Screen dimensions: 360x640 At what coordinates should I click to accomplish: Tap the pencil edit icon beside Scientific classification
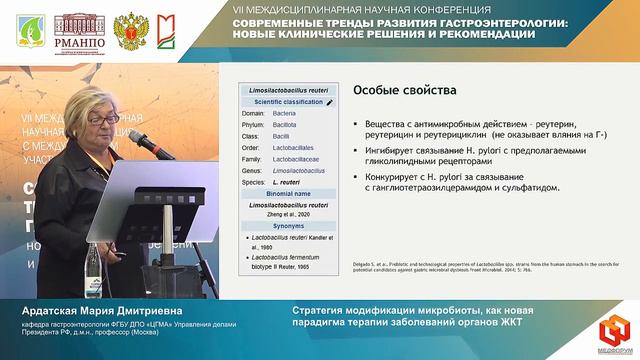coord(330,102)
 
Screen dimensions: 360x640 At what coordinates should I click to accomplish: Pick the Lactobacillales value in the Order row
coord(294,148)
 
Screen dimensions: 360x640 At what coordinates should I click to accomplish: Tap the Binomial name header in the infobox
coord(287,193)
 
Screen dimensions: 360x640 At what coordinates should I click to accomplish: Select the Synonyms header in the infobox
coord(287,225)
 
